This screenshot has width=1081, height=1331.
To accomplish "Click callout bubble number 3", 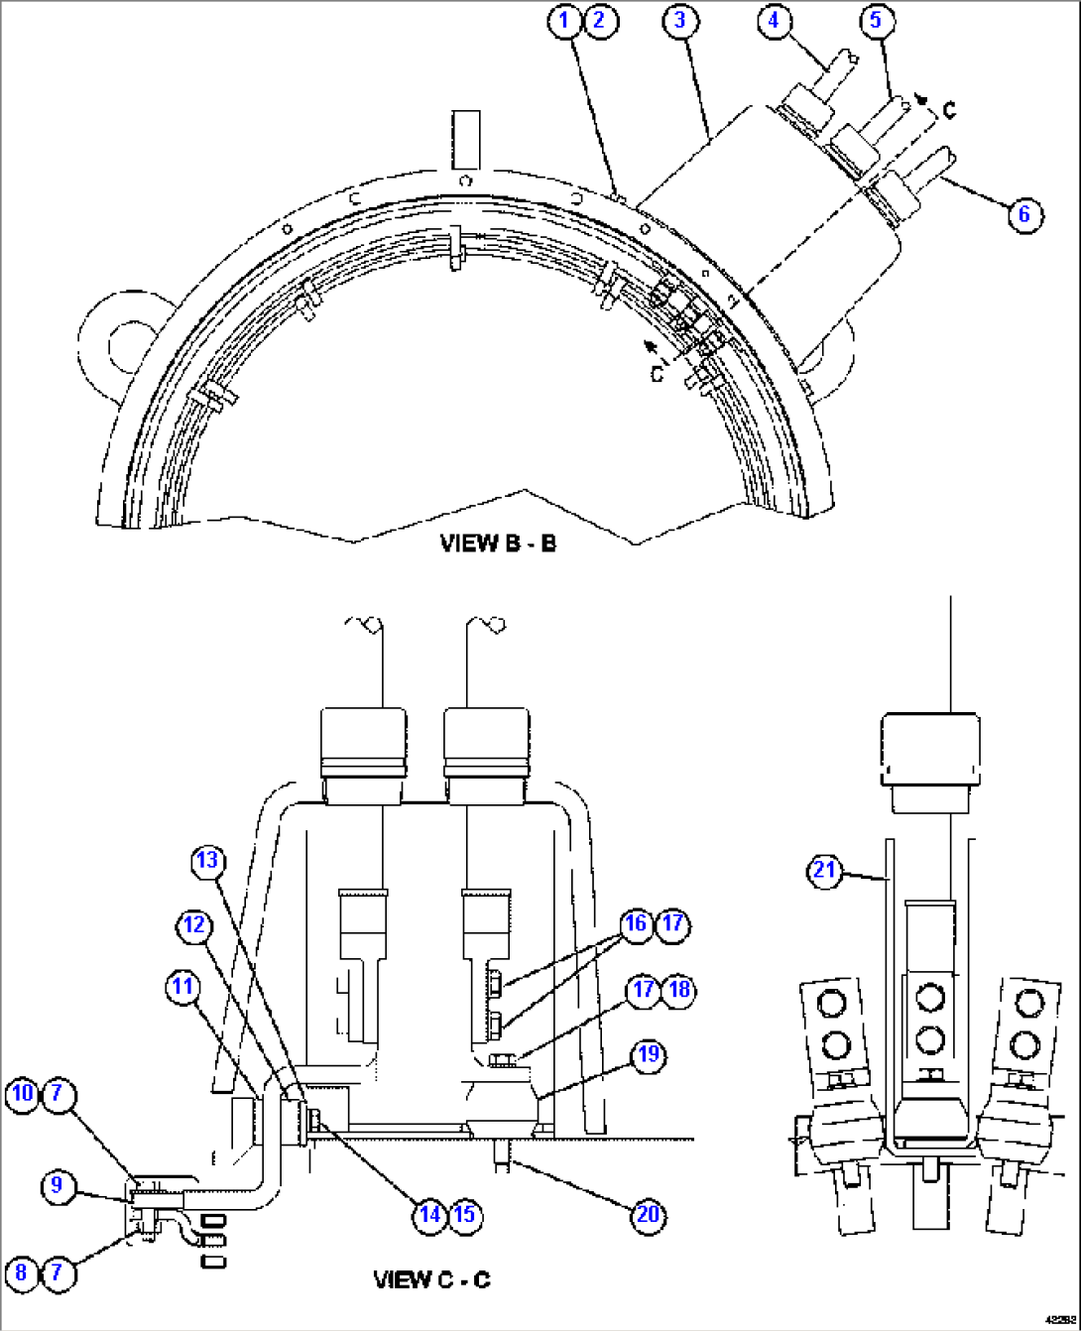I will coord(680,21).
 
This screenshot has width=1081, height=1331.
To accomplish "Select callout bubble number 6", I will coord(1024,214).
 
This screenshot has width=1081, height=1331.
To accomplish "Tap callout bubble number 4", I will coord(776,21).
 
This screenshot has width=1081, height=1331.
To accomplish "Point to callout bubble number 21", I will coord(825,871).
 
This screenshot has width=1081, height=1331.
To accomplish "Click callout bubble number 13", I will coord(207,860).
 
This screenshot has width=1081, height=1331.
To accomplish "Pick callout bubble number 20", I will coord(648,1215).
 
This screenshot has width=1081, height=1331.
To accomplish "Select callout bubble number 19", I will coord(648,1053).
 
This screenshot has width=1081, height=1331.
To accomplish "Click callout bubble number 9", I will coord(58,1185).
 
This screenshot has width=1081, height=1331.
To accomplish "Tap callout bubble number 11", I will coord(182,987).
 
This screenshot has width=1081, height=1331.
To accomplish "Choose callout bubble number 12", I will coord(194,925).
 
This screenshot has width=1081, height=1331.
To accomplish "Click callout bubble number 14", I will coord(429,1215).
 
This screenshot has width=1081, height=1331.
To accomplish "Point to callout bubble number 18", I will coord(679,990).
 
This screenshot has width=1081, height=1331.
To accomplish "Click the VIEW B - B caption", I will coord(498,544).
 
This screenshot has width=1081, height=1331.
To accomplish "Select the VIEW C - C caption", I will coord(431,1279).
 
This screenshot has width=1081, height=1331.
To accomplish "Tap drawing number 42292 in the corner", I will coord(1057,1320).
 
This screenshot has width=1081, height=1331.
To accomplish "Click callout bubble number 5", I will coord(876,21).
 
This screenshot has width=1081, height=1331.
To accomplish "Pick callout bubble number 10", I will coord(22,1094).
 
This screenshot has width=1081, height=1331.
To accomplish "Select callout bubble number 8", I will coord(22,1271).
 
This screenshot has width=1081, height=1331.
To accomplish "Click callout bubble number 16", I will coord(636,924).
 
